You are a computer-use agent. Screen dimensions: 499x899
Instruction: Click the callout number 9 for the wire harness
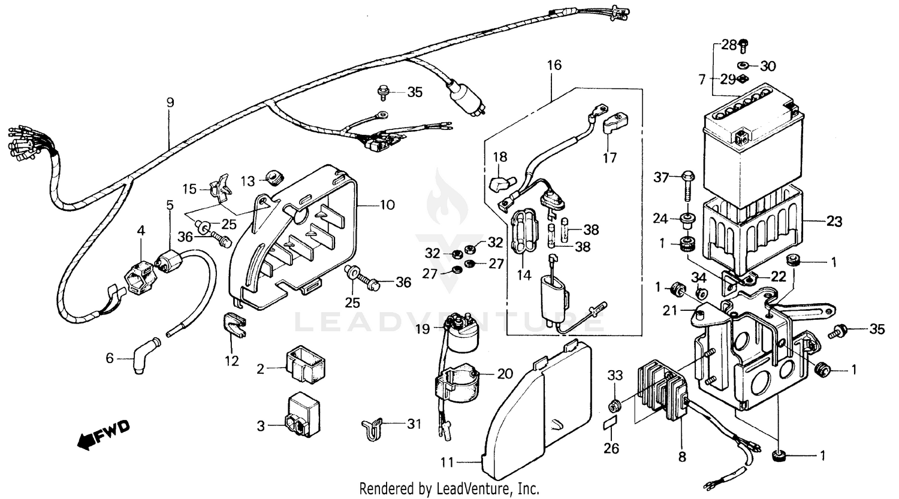click(170, 102)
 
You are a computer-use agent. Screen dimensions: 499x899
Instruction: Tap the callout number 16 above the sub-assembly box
click(554, 65)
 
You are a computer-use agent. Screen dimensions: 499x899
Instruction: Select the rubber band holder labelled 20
click(458, 383)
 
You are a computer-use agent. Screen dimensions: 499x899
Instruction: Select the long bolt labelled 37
click(687, 192)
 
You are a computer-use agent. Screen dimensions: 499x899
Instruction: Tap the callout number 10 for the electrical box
click(387, 205)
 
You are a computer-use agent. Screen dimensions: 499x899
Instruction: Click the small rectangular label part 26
click(610, 425)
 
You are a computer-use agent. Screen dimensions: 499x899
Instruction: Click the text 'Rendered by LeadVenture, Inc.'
click(449, 488)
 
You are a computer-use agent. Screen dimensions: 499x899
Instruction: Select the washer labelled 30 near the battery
click(741, 65)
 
